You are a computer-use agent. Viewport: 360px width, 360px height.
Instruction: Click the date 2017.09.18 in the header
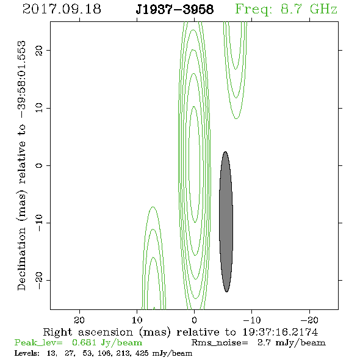pos(62,9)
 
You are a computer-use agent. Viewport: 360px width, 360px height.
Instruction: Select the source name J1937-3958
pos(175,9)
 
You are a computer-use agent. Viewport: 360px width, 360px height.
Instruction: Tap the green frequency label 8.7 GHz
pos(309,9)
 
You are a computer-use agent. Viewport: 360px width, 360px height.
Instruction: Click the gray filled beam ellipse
pos(226,221)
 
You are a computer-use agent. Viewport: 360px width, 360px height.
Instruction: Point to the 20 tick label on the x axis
pos(79,320)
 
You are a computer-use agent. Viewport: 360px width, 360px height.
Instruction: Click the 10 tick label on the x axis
pos(137,320)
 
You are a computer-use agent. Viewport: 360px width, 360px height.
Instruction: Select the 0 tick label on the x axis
pos(194,320)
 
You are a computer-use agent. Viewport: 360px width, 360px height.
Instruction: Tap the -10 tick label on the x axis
pos(252,320)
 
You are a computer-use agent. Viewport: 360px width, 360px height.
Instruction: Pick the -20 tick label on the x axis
pos(309,320)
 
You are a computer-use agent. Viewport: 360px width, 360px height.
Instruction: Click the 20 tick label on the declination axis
pos(39,50)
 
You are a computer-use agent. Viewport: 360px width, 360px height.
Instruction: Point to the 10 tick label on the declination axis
pos(39,107)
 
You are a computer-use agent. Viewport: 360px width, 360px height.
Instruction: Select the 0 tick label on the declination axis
pos(39,165)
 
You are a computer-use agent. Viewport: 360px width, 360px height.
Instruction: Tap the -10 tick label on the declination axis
pos(39,223)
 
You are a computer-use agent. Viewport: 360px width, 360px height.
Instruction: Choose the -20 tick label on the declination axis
pos(39,280)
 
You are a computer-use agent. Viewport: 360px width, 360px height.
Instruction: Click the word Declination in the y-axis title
pos(21,259)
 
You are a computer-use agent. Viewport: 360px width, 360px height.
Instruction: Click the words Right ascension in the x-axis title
pos(88,332)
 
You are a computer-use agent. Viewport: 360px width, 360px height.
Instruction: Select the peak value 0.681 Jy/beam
pos(107,343)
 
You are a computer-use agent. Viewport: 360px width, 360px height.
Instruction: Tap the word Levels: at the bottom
pos(27,353)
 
